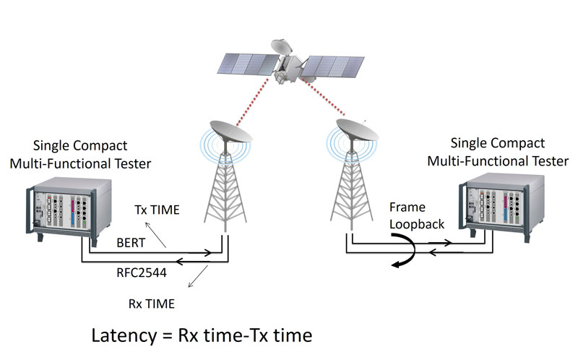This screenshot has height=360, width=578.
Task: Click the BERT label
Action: coord(131,243)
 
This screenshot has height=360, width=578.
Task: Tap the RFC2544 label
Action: coord(142,273)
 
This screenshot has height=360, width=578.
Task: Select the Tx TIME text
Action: coord(157,210)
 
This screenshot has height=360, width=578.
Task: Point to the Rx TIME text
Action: coord(152,304)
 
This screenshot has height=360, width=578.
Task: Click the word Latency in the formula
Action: coord(124,335)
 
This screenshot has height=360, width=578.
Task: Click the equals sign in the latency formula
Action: coord(168,335)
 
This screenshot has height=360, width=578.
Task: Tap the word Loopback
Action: coord(417,225)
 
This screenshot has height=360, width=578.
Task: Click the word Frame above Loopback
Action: coord(407,207)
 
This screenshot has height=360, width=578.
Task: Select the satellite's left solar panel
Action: coord(247,64)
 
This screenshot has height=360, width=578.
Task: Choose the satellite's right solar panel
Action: coord(332,67)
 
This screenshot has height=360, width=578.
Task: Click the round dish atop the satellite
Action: coord(282,46)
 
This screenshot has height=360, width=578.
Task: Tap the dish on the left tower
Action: coord(230,132)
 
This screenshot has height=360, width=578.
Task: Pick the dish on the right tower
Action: coord(357,130)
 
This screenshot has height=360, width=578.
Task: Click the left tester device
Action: coord(69,210)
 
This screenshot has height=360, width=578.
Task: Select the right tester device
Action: coord(501,207)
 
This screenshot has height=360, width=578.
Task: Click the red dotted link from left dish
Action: coord(254,101)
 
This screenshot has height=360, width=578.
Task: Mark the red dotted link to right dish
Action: coord(324,97)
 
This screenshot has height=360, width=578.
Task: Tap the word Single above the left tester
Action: coord(48,146)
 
